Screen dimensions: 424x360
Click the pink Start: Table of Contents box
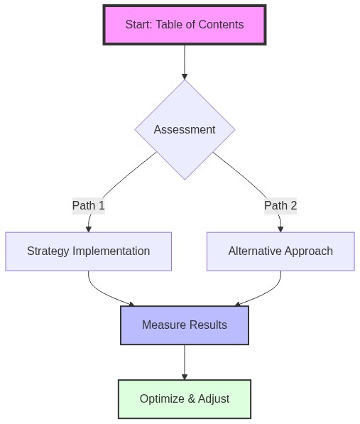tap(184, 25)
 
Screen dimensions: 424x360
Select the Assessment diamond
tap(185, 129)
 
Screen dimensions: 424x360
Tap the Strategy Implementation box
tap(88, 251)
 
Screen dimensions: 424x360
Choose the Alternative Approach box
tap(280, 251)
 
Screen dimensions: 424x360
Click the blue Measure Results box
tap(185, 325)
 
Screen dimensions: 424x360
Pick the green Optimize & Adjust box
tap(185, 399)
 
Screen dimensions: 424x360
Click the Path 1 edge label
tap(88, 206)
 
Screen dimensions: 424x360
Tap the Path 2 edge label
tap(280, 206)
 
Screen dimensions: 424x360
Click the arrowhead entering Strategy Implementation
tap(89, 229)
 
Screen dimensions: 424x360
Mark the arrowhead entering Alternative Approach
tap(280, 229)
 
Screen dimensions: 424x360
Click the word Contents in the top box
tap(222, 25)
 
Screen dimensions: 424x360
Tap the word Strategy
tap(48, 251)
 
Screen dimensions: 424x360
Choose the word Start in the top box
tap(138, 25)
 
